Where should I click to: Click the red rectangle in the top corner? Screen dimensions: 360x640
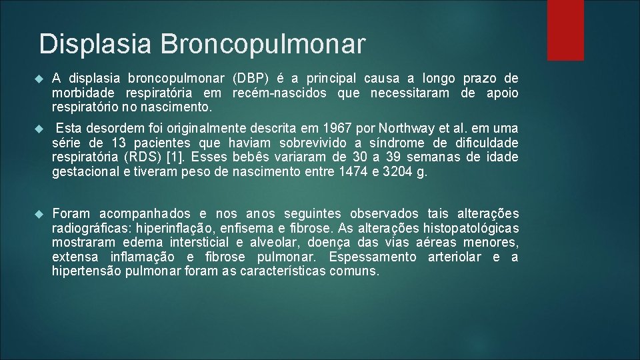pos(565,30)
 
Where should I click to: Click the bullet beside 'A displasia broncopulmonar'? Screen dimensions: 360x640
pos(38,79)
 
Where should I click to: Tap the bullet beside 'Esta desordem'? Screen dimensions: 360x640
pos(38,128)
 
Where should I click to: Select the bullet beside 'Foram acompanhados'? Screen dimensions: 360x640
pos(38,213)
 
